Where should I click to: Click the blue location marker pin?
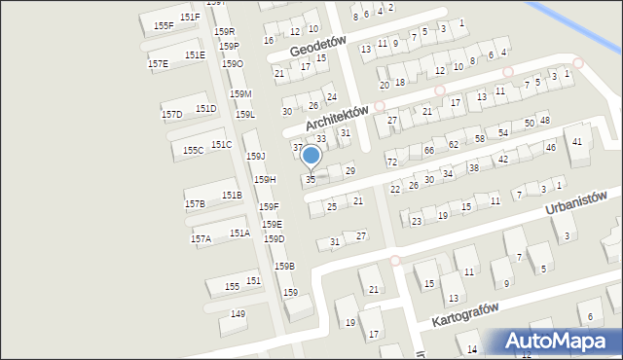[311, 157]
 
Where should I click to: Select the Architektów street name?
[336, 119]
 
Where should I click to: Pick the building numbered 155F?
[164, 25]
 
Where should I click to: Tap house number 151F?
[190, 18]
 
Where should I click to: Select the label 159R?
[224, 32]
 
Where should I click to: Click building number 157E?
[158, 63]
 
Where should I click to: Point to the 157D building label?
[171, 115]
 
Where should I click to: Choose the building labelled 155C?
[194, 151]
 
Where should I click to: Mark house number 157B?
[195, 204]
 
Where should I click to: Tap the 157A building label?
[201, 239]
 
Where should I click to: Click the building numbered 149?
[238, 313]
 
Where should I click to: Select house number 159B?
[283, 266]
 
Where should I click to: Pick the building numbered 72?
[391, 162]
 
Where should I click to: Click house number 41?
[578, 142]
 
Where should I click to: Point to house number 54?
[503, 132]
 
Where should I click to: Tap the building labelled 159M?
[240, 93]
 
